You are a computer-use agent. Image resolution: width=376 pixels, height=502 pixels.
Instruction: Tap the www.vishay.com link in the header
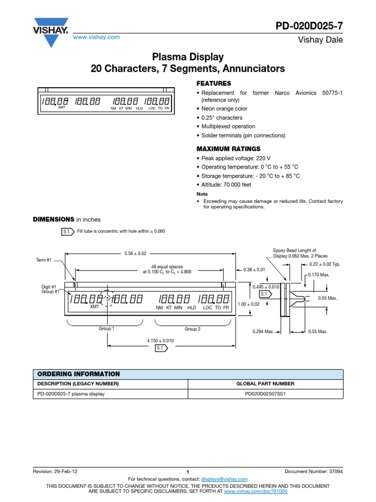(96, 37)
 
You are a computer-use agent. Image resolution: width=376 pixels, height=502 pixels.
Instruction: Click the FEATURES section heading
(213, 83)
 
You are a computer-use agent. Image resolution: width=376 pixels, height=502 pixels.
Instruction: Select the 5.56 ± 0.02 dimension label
(136, 253)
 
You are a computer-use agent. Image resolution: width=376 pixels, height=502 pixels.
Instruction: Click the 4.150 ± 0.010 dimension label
(160, 340)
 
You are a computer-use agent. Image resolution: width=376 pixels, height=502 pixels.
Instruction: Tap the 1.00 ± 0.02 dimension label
(248, 304)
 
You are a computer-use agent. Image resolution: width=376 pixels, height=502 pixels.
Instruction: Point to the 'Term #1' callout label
(44, 260)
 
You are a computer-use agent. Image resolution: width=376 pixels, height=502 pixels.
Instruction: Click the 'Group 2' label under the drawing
(192, 329)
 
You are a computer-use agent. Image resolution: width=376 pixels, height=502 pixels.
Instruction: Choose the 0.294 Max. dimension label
(263, 332)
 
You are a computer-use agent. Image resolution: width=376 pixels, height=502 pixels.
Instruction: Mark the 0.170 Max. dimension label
(319, 275)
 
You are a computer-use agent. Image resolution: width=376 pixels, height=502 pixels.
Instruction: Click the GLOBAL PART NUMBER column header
(265, 383)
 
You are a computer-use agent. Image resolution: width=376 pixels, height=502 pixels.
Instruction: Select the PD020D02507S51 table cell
(265, 394)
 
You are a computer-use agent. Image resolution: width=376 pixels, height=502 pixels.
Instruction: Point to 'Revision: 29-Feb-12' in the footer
(55, 471)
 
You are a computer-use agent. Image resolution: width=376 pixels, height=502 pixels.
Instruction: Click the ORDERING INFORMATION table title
(78, 374)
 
